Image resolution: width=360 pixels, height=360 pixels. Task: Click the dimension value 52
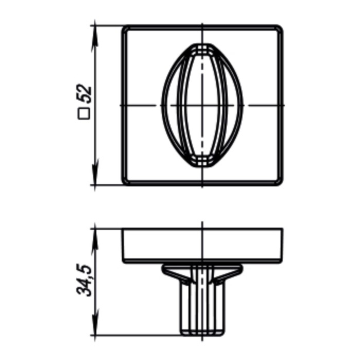pos(85,94)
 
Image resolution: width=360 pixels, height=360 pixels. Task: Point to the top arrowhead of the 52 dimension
pos(95,38)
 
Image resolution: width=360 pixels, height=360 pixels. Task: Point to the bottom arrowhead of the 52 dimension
pos(95,172)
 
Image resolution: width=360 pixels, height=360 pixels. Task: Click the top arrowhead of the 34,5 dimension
pos(95,241)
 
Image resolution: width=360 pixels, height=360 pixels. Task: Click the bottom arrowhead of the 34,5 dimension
pos(95,323)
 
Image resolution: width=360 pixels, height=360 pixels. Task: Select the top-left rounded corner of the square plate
pos(124,28)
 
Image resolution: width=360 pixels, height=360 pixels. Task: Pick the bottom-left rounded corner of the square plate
pos(124,183)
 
